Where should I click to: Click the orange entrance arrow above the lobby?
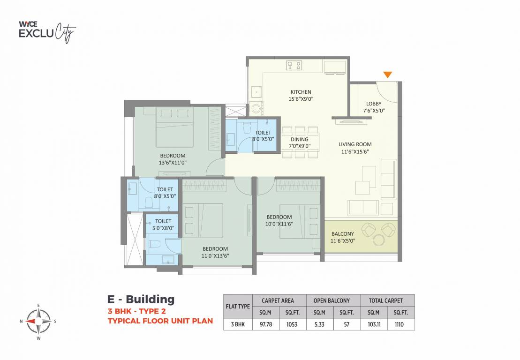coord(387,75)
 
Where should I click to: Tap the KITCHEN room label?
coord(301,92)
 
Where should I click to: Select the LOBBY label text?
coord(374,104)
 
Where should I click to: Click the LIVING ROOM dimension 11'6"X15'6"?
coord(355,152)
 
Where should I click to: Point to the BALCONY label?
coord(343,234)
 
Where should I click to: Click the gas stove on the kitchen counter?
coord(294,65)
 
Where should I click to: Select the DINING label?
coord(300,139)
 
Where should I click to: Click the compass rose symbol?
coord(38,321)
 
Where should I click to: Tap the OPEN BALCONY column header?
coord(333,300)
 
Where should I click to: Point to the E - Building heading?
coord(141,300)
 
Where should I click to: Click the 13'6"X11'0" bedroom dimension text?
coord(173,163)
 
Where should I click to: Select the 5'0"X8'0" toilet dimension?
coord(163,228)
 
